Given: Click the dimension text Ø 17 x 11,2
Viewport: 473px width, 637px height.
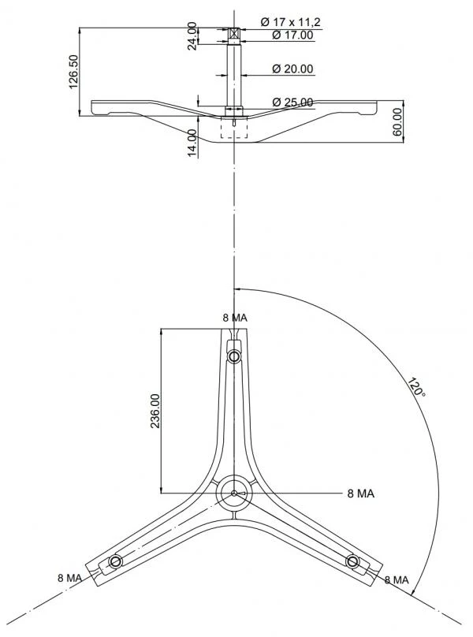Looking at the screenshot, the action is point(291,22).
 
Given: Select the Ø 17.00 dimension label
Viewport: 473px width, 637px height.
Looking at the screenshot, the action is point(292,35).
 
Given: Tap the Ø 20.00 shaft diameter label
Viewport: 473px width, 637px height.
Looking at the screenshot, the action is point(292,69).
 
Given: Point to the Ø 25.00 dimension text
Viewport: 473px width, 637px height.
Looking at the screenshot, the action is point(292,102).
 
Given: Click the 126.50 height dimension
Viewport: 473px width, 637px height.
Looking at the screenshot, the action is point(73,72).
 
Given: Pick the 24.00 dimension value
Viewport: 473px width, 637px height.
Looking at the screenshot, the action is point(192,35).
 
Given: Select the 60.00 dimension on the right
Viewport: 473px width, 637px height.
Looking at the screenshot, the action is point(397,122).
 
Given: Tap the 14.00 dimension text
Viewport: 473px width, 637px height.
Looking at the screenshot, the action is point(192,143).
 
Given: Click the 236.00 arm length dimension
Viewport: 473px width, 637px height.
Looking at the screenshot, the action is point(155,411).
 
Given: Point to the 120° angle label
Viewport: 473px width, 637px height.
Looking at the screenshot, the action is point(416,387).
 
